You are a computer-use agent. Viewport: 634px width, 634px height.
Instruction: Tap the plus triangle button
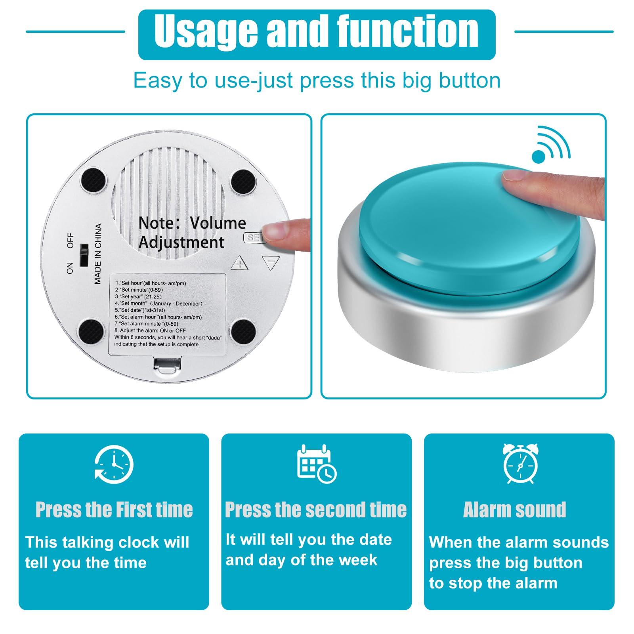pyautogui.click(x=239, y=263)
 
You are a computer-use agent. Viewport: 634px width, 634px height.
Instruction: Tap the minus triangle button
pyautogui.click(x=271, y=262)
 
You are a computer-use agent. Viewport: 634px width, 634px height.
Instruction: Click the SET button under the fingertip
pyautogui.click(x=253, y=237)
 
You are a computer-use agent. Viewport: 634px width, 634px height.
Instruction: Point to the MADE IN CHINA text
pyautogui.click(x=98, y=254)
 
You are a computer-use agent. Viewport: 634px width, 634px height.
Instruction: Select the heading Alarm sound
pyautogui.click(x=514, y=510)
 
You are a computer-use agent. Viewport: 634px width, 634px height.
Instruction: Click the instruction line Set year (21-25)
pyautogui.click(x=139, y=296)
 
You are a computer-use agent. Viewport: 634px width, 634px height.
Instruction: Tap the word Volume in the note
pyautogui.click(x=218, y=223)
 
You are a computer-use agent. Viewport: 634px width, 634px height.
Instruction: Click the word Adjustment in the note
pyautogui.click(x=181, y=242)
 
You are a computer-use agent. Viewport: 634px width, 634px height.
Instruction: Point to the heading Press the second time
pyautogui.click(x=316, y=510)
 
